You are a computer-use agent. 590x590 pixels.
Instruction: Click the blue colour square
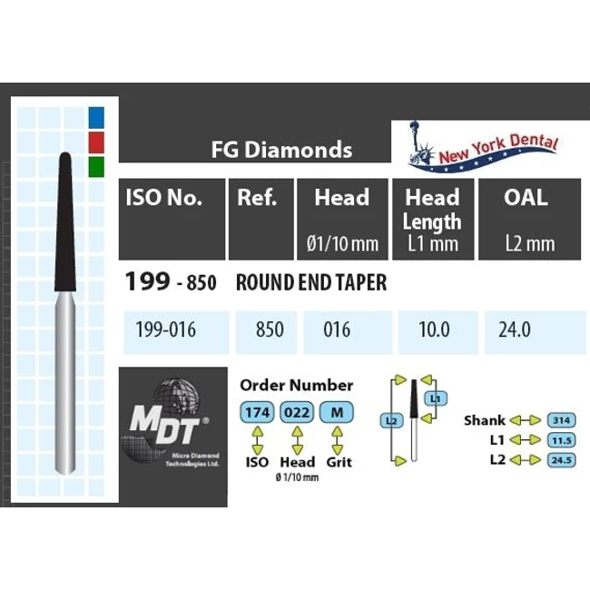pos(97,116)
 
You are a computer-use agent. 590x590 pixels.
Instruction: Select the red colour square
pos(97,142)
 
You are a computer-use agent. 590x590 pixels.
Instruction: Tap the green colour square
pos(97,166)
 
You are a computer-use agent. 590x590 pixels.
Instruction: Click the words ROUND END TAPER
pos(310,283)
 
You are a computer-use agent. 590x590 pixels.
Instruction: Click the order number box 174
pos(257,413)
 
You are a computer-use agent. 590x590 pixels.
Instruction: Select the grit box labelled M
pos(338,413)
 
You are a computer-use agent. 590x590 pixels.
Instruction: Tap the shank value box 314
pos(560,420)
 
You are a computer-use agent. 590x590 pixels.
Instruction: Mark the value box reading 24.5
pos(560,459)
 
